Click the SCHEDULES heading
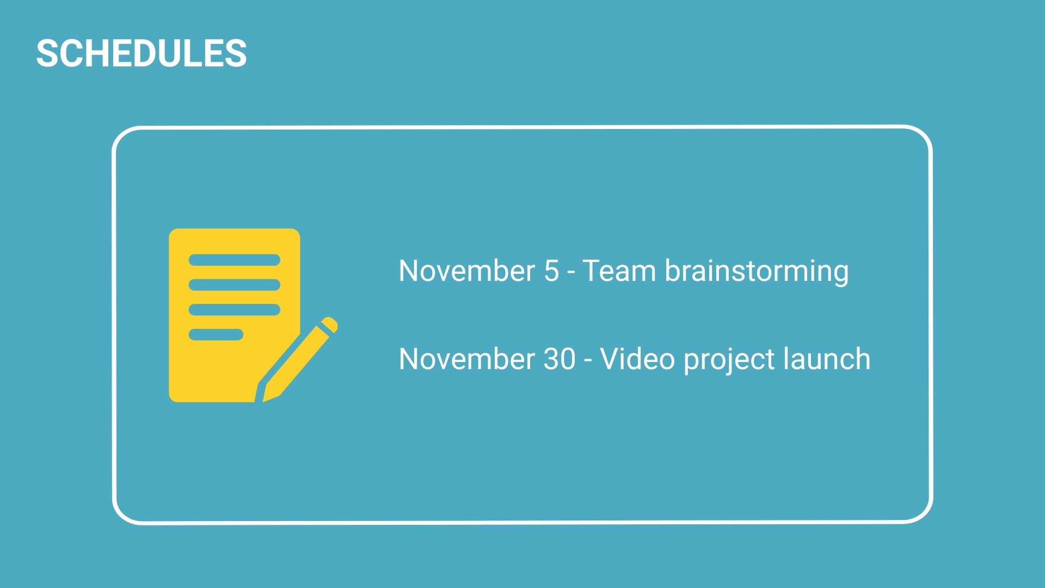[x=142, y=53]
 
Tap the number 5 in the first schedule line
[x=551, y=271]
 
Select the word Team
[x=619, y=271]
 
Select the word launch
[x=827, y=359]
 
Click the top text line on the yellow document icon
[x=234, y=260]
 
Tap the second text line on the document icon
[x=234, y=285]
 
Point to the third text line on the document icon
[x=234, y=310]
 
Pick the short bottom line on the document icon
[x=216, y=334]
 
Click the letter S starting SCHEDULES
[x=47, y=53]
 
